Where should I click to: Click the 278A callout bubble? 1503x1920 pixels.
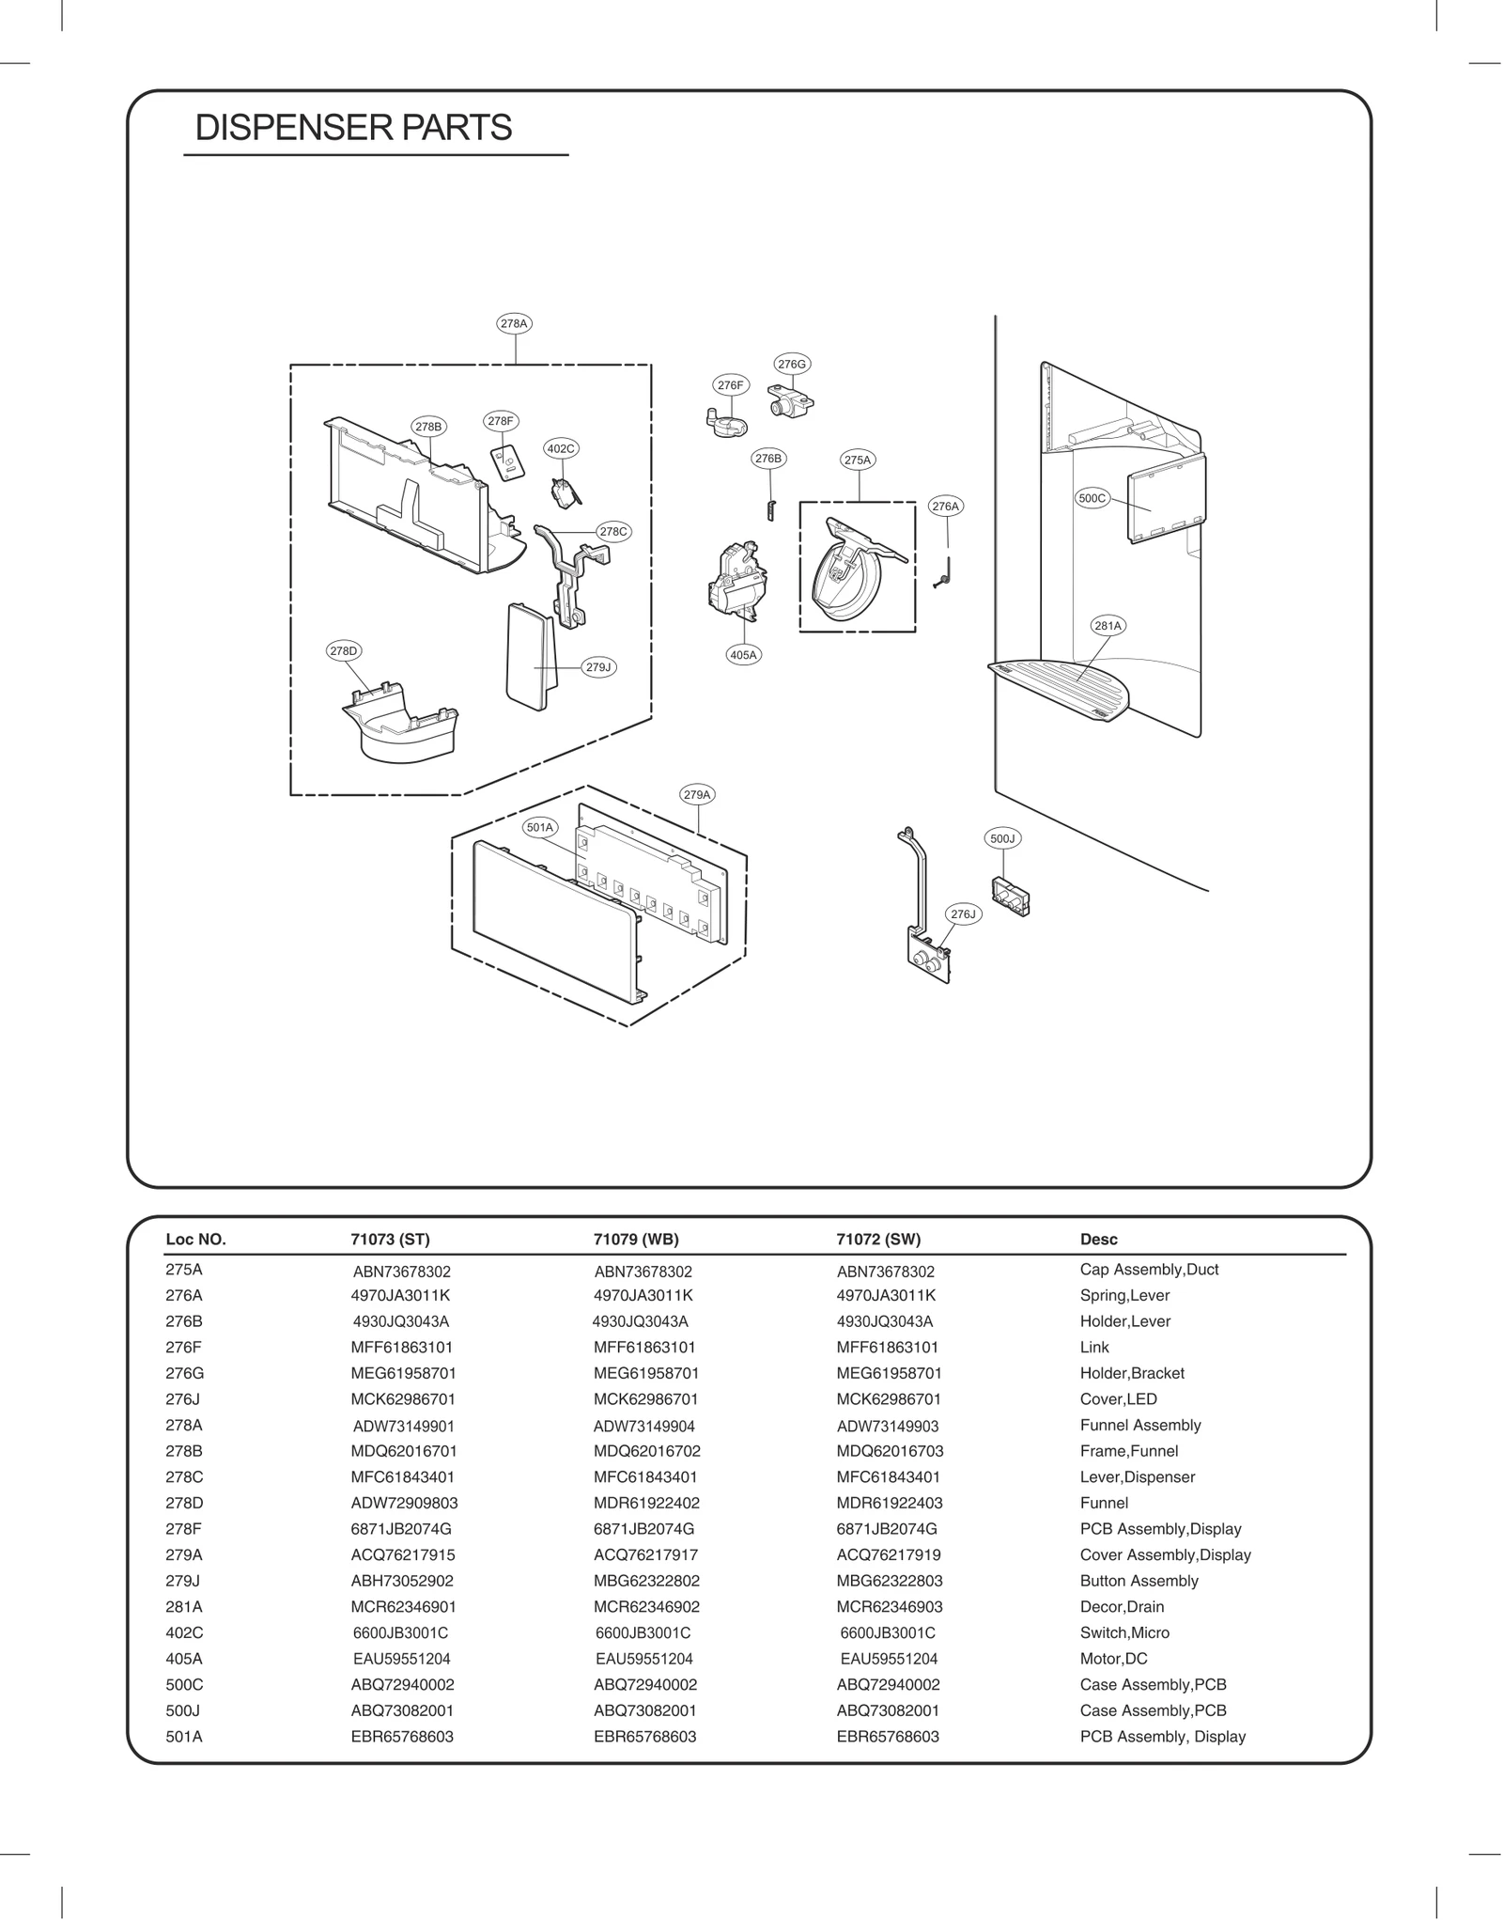[514, 323]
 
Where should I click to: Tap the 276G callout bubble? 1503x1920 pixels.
[792, 364]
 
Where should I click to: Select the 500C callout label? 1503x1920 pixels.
[1092, 498]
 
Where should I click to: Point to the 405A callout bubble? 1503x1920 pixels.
[743, 655]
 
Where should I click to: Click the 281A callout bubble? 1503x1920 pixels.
[1108, 625]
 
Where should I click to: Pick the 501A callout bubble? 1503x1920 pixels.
[540, 827]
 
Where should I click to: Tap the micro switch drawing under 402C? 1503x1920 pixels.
[565, 492]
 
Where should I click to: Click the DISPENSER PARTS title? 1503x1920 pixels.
[353, 128]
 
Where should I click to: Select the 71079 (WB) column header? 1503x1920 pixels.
[636, 1239]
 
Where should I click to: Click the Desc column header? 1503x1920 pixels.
[1098, 1239]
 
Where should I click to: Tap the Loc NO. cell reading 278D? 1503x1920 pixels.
[184, 1503]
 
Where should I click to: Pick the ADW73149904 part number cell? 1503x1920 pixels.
[644, 1426]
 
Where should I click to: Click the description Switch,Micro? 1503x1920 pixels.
[1124, 1632]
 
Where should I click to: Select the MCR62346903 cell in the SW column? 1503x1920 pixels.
[890, 1607]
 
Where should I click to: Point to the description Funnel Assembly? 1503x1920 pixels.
[1140, 1425]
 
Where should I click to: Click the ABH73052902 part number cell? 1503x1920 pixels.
[402, 1581]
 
